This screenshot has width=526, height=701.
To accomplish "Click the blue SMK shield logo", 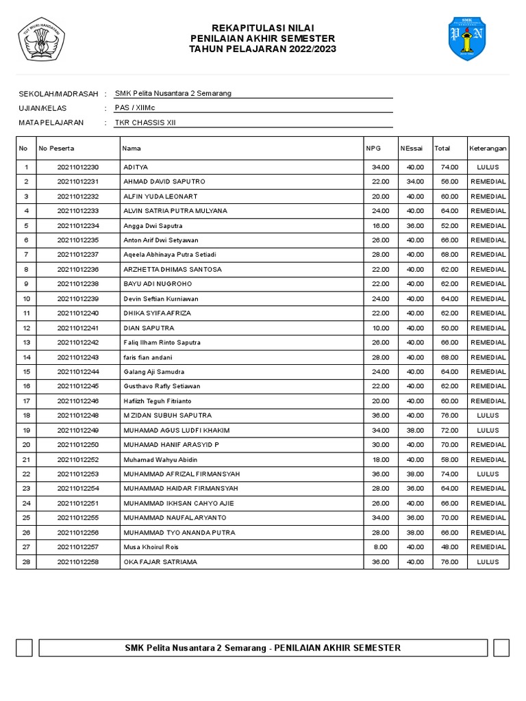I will [467, 38].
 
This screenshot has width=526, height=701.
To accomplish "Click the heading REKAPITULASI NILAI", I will [263, 27].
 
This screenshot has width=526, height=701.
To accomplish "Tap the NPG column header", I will [373, 148].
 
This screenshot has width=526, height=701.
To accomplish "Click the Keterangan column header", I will [488, 148].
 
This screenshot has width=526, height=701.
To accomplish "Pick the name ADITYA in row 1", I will [136, 167].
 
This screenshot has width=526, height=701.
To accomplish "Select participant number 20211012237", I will [78, 255].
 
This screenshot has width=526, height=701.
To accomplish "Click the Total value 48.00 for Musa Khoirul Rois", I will [449, 547].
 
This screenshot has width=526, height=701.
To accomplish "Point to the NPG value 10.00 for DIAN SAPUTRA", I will [380, 328].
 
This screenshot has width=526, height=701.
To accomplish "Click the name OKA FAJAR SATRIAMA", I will [160, 562].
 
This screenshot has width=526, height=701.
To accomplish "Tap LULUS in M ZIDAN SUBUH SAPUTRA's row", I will [488, 416].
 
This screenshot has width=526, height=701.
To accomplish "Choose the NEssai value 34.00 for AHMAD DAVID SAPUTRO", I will [415, 181].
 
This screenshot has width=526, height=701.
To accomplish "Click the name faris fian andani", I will [147, 357].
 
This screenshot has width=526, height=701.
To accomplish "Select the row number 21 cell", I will [26, 459].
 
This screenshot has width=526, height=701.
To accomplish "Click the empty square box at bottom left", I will [24, 648].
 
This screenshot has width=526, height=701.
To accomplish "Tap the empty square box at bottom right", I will [501, 648].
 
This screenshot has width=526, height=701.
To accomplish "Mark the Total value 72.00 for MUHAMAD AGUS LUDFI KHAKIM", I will [449, 430].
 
